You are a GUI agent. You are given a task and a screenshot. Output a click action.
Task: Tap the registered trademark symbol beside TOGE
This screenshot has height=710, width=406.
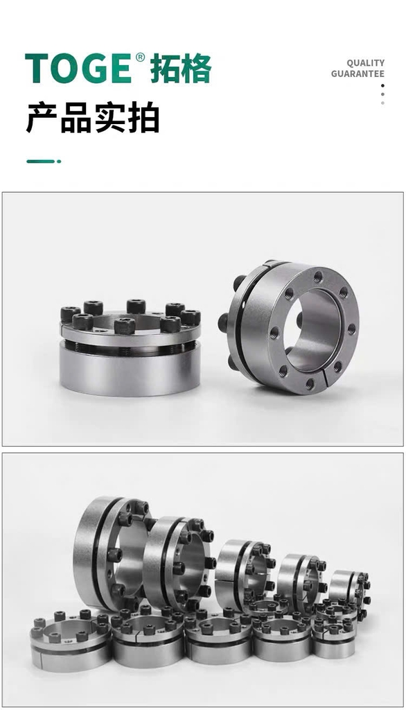(141, 58)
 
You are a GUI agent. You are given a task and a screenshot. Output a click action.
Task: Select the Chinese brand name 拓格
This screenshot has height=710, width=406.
(180, 69)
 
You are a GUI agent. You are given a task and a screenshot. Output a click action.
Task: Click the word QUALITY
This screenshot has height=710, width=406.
(365, 63)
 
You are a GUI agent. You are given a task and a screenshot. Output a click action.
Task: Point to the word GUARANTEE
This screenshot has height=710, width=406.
(358, 73)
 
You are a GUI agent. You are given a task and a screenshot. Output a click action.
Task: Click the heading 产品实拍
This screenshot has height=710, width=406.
(93, 118)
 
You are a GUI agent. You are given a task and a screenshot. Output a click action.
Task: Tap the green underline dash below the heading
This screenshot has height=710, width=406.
(44, 161)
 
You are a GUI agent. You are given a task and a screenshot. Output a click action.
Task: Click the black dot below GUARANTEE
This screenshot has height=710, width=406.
(382, 85)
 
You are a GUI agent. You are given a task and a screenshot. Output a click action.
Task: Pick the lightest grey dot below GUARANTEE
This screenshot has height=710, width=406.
(382, 103)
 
